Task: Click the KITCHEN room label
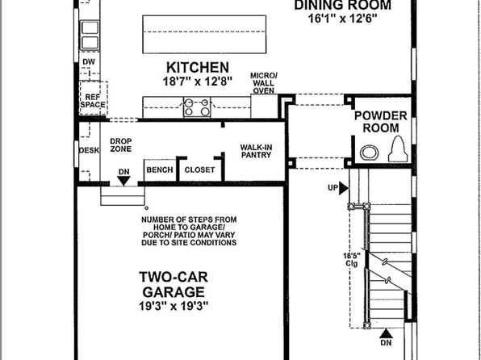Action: click(198, 68)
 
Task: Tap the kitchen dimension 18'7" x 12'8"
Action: click(197, 82)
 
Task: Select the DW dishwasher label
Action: click(89, 62)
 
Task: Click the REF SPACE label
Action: click(93, 101)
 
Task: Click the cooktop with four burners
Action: click(197, 107)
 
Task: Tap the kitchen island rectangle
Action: click(204, 34)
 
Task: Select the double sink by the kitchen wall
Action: click(90, 36)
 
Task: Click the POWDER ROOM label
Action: click(381, 122)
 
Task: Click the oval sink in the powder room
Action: click(369, 153)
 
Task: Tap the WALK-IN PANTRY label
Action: click(256, 151)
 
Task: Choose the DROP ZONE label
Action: click(121, 145)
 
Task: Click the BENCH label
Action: click(160, 170)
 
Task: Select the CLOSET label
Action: click(199, 170)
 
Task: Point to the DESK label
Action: click(90, 150)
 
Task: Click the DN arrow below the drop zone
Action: click(123, 181)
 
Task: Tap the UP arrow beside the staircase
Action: click(344, 188)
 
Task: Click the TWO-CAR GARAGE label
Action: click(174, 284)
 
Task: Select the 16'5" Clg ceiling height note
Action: click(352, 259)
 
